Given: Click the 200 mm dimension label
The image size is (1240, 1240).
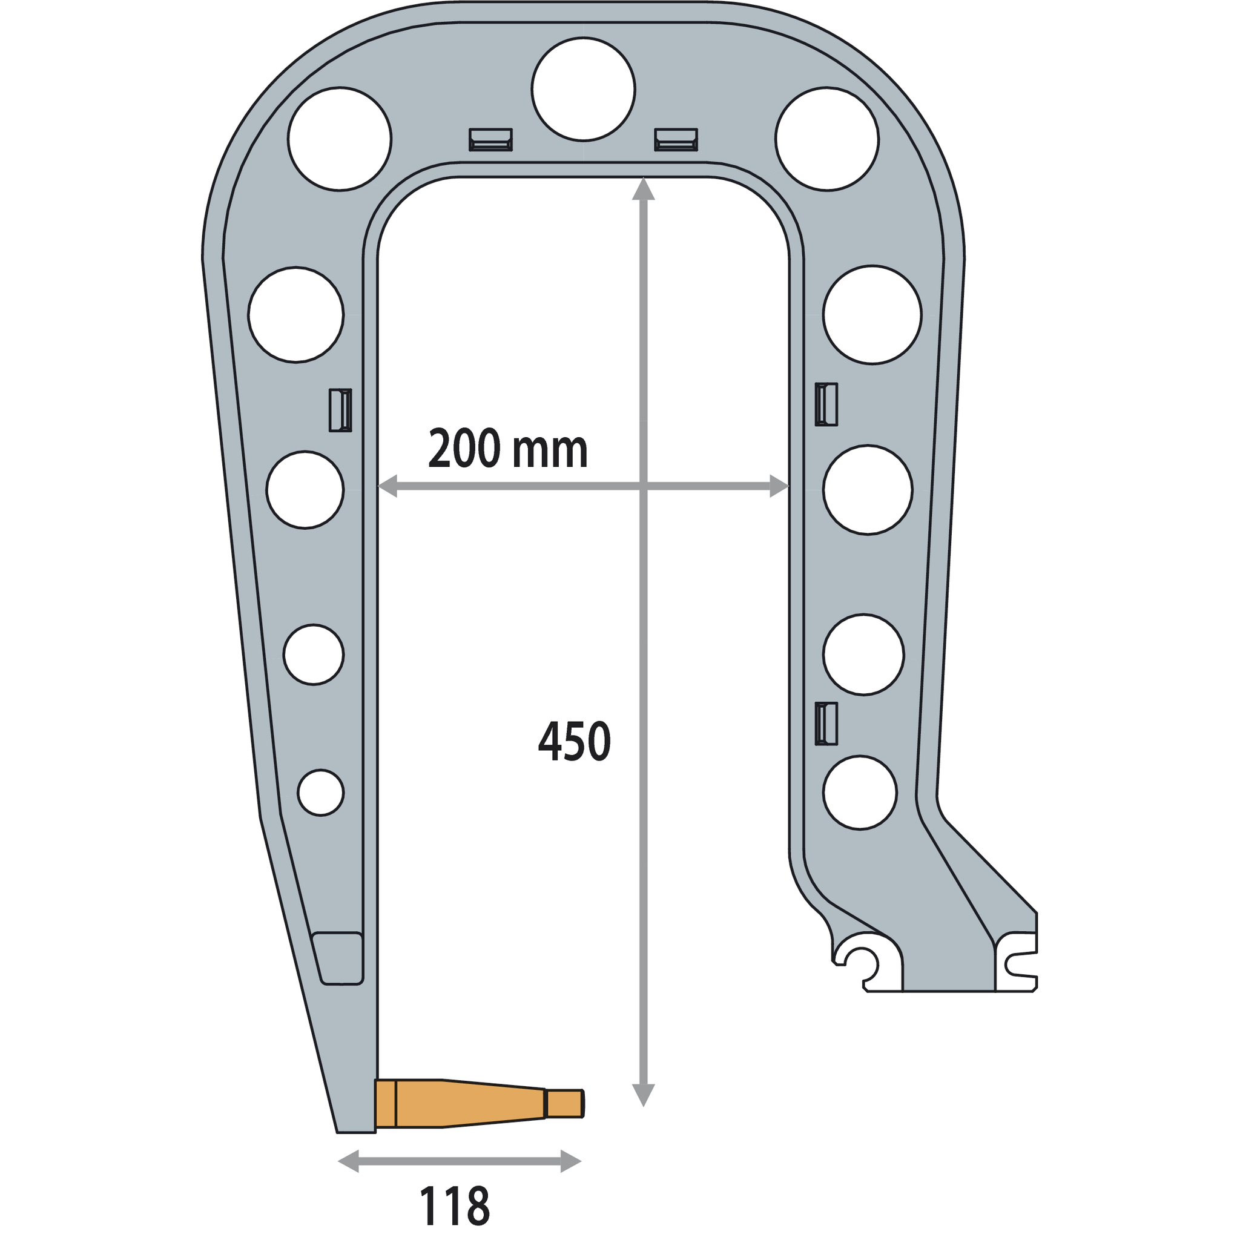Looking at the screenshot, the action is (x=507, y=449).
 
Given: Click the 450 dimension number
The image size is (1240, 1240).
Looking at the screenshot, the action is (x=575, y=741).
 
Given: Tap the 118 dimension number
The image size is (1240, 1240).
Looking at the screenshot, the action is (x=455, y=1207).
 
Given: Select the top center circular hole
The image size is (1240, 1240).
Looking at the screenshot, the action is (x=584, y=89).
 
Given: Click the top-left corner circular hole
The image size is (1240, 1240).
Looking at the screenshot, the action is (x=340, y=139).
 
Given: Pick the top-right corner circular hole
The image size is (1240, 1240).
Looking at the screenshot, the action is (x=827, y=139).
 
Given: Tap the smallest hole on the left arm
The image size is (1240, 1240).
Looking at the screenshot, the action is (x=321, y=793).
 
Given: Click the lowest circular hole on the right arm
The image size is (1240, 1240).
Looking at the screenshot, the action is (x=860, y=793).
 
